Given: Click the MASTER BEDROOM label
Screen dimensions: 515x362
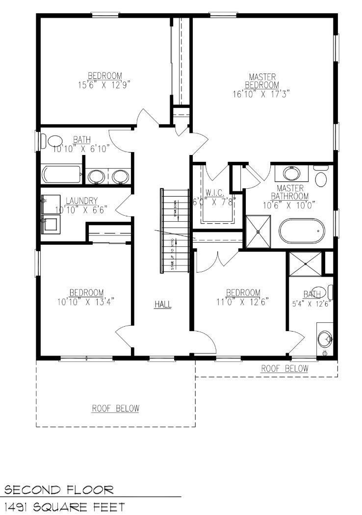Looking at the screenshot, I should point(262,81).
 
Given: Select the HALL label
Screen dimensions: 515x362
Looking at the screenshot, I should point(163,305).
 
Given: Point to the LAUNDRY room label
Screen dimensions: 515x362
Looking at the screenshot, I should point(81,201).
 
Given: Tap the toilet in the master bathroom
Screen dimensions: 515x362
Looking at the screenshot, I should point(321,177).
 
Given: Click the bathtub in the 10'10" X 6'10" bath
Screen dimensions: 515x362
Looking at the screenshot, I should point(61,175).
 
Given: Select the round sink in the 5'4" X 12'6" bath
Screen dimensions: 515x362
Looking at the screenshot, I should point(325,338).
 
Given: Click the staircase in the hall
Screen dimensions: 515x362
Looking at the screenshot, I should point(175,231).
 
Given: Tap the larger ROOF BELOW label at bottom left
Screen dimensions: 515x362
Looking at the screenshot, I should point(115,408).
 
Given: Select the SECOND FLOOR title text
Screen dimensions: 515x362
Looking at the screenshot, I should point(59,489).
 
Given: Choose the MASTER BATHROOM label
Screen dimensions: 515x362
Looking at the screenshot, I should point(290,192).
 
